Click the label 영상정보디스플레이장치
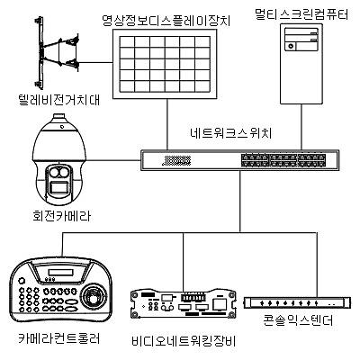(166, 16)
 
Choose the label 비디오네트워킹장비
(183, 343)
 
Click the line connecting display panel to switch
(166, 122)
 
